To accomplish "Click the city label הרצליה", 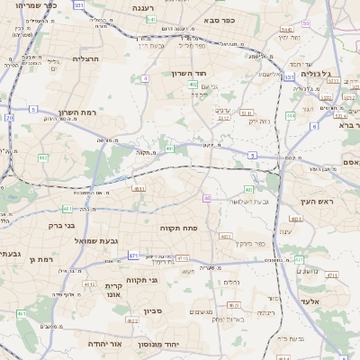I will (85, 58).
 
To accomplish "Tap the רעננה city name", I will (143, 8).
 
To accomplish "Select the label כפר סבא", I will (220, 20).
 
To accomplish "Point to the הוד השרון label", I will (192, 73).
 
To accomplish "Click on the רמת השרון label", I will (76, 112).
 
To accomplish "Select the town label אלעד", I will (310, 301).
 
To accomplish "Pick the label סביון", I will (152, 310).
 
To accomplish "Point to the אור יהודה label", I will (103, 344).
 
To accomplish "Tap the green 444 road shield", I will (291, 115).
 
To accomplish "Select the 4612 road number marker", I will (89, 284).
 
